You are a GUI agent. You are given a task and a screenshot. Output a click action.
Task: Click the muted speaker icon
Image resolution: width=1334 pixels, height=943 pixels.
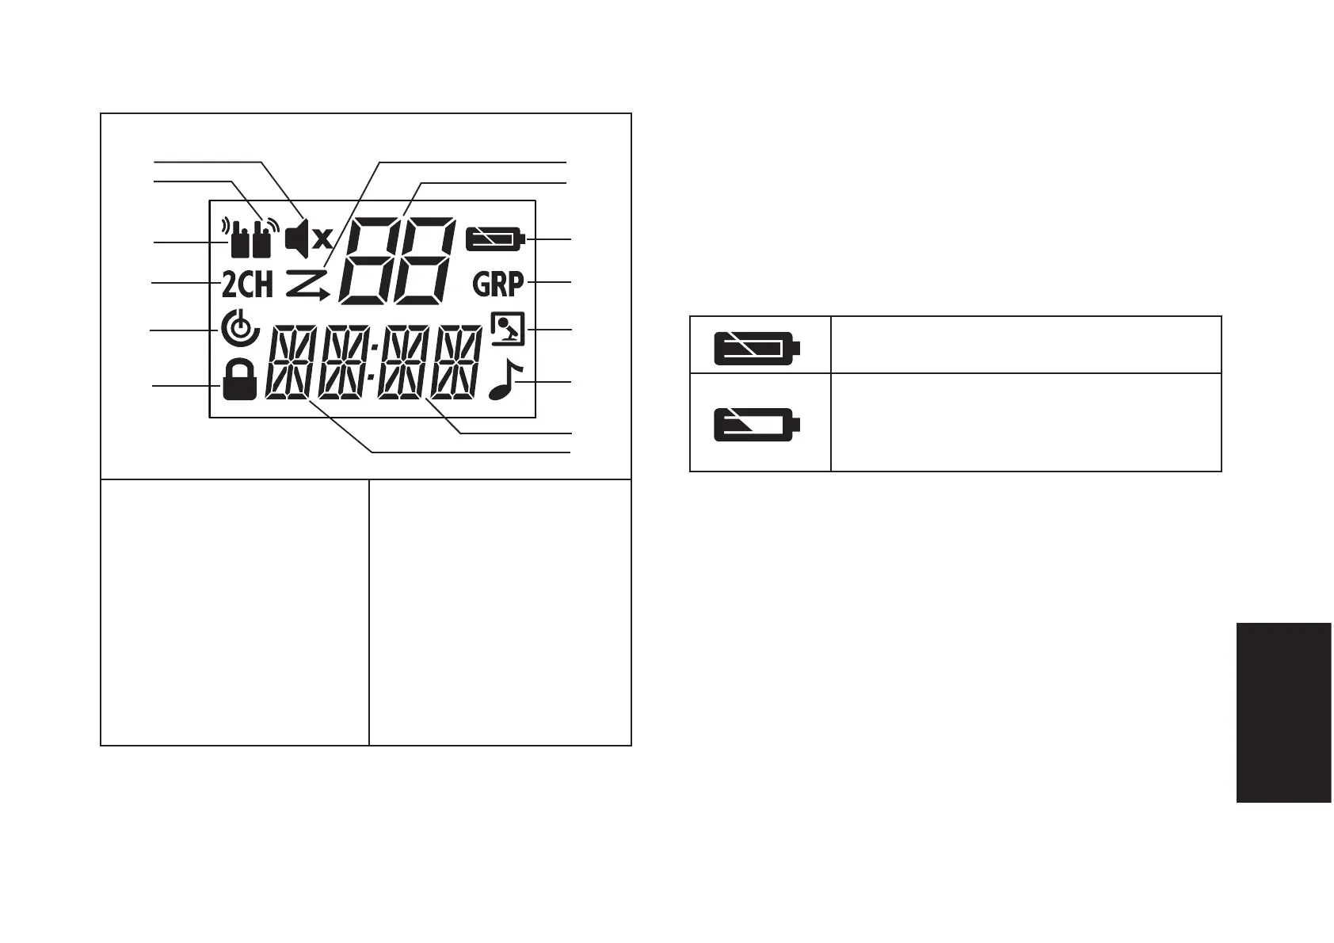308,239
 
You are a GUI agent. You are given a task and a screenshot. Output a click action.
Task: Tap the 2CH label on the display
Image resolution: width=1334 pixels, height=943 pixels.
247,284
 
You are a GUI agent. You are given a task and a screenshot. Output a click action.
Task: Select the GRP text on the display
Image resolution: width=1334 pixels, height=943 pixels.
498,284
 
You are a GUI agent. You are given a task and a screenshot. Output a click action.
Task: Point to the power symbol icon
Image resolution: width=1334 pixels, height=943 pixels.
239,330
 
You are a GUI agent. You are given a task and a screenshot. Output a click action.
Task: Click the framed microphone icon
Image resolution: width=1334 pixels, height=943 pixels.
508,330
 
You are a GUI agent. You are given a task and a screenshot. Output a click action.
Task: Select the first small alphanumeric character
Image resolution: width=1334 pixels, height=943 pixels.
288,362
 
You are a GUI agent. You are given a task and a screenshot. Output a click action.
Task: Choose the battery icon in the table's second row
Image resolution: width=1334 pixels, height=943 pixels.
757,424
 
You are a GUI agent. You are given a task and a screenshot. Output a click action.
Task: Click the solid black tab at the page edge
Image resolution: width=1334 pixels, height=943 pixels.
1283,712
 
